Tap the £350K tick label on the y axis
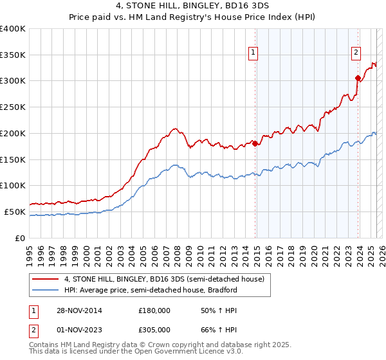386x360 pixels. point(13,55)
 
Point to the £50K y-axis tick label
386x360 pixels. point(15,212)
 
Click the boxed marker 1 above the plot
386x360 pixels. point(253,53)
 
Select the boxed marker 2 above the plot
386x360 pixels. point(356,53)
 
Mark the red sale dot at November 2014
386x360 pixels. point(255,143)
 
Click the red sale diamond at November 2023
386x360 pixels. point(358,78)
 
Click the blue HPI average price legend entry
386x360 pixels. point(151,290)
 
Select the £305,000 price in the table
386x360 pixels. point(154,329)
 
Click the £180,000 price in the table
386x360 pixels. point(154,310)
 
